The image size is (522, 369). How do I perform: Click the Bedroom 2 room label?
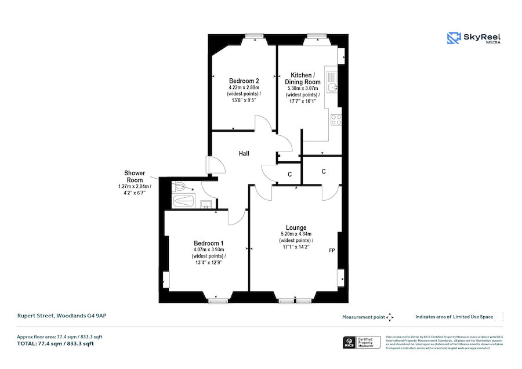click(x=244, y=81)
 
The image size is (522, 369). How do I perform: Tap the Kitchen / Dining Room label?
click(x=302, y=79)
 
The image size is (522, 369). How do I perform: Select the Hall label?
click(x=244, y=154)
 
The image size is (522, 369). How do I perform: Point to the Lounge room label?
click(x=296, y=227)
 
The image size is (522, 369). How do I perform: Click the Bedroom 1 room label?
click(x=208, y=243)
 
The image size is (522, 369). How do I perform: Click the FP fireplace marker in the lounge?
click(x=332, y=251)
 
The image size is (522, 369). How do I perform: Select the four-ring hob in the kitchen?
click(x=335, y=120)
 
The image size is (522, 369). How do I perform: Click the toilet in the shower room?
click(x=180, y=187)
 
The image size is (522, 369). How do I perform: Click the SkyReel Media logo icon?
click(x=454, y=38)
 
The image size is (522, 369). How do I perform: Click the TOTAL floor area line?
click(x=56, y=344)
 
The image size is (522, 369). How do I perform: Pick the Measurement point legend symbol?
click(x=390, y=317)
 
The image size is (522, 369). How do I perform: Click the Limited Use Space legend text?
click(x=454, y=317)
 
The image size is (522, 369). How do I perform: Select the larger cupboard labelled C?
click(x=323, y=171)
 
